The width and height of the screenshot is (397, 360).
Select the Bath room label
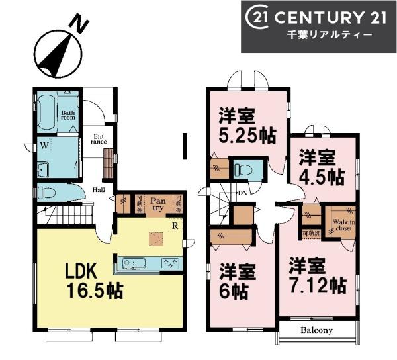[x=69, y=116]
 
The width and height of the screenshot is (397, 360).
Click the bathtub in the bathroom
[x=46, y=112]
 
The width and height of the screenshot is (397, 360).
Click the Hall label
[x=98, y=188]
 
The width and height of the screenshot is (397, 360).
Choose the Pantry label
[x=157, y=203]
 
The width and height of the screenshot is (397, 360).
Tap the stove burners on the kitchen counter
[x=171, y=264]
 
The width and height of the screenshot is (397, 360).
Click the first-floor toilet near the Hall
[x=48, y=193]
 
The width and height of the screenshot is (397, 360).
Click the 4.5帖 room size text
[x=321, y=177]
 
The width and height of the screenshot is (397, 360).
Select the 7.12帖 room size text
[x=316, y=285]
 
